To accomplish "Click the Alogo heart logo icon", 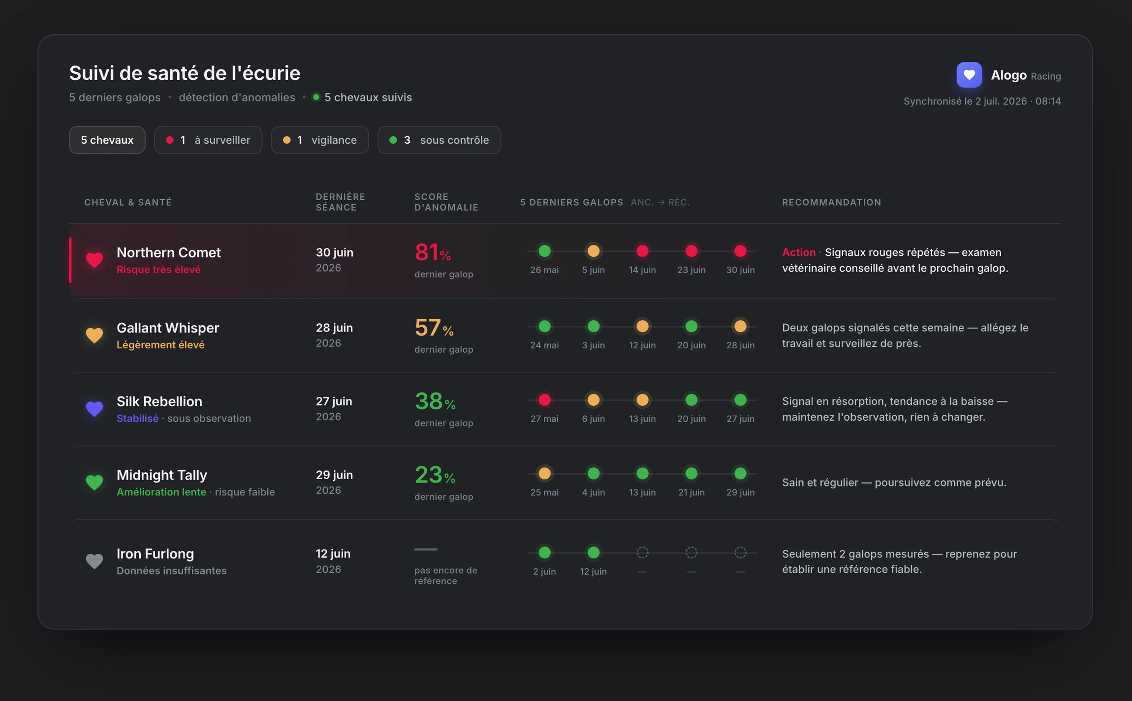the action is [x=969, y=75].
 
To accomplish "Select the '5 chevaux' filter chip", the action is [x=107, y=140].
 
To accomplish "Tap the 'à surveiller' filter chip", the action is [x=208, y=140].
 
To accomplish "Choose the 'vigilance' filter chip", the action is [x=320, y=140].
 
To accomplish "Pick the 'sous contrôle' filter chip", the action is [x=439, y=140].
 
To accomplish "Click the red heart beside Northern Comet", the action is [x=94, y=260].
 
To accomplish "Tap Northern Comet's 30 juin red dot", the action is [x=740, y=251].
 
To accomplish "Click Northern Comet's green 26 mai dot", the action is [x=544, y=251].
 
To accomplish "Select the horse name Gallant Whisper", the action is [x=168, y=328].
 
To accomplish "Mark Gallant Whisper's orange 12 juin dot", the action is [x=642, y=327].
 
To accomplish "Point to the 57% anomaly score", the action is [x=434, y=328].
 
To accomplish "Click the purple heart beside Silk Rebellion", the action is [x=94, y=409].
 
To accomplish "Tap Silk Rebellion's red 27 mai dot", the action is [x=544, y=400].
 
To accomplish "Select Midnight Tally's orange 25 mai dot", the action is [x=544, y=474].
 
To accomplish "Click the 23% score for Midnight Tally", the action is [x=435, y=475].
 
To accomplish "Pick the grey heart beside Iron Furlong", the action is [x=94, y=561].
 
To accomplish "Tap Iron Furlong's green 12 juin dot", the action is [x=594, y=553].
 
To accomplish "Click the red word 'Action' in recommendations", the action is [x=799, y=252].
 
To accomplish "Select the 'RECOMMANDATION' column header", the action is [x=832, y=202].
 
